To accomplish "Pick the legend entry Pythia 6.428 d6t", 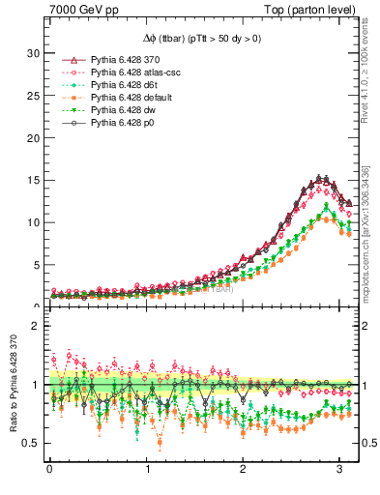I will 119,85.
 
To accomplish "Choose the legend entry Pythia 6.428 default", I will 125,98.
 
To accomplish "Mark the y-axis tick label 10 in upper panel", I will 33,222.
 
